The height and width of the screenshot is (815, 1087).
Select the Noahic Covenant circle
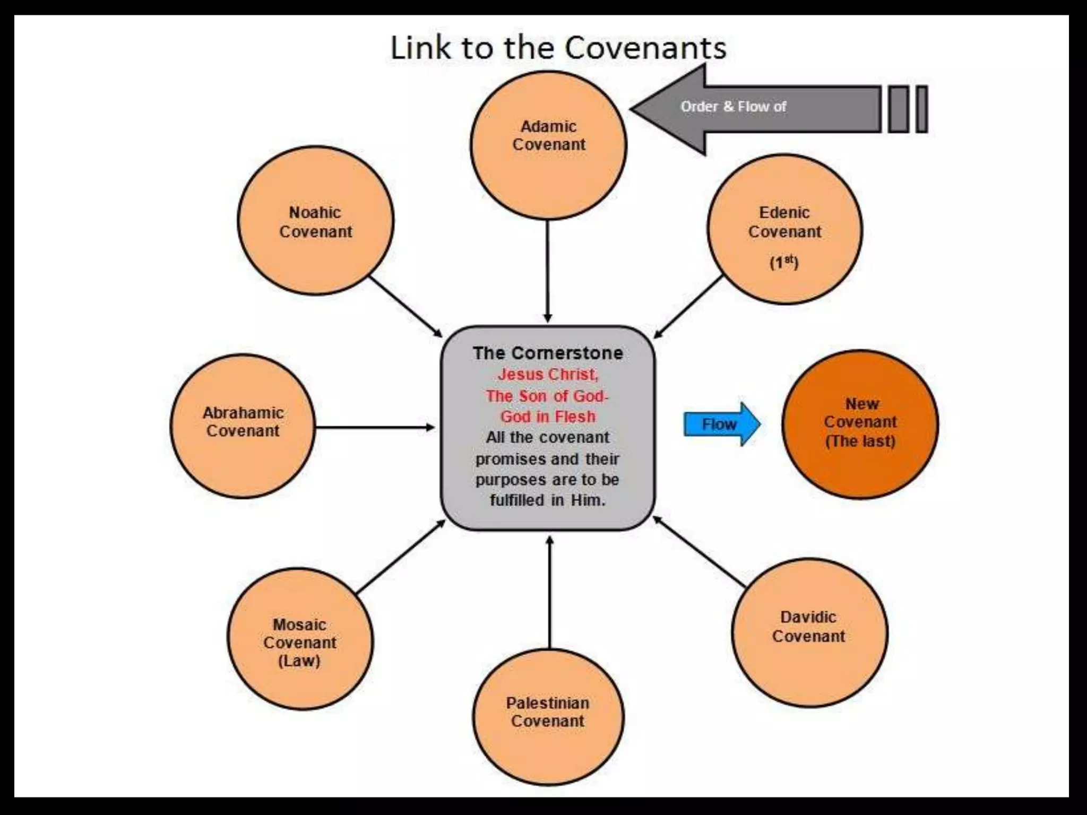[316, 221]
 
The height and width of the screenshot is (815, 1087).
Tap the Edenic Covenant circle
[784, 229]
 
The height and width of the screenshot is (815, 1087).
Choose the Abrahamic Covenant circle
[243, 426]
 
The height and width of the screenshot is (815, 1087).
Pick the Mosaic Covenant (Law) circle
[300, 639]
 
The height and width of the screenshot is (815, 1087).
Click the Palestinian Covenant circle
[548, 716]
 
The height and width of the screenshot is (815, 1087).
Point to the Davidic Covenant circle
[809, 631]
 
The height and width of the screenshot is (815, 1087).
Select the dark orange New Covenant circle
[860, 424]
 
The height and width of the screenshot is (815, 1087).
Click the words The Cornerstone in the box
[548, 353]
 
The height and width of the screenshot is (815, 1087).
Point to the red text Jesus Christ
[548, 375]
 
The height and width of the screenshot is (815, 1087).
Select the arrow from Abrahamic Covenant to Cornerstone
[374, 427]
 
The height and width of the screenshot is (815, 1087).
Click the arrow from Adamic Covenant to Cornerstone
[548, 271]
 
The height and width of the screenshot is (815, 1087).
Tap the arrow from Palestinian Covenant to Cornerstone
[549, 592]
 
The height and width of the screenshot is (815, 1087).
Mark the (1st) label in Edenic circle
[784, 262]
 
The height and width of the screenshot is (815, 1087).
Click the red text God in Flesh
[548, 417]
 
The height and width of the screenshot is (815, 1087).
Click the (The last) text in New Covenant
[860, 441]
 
